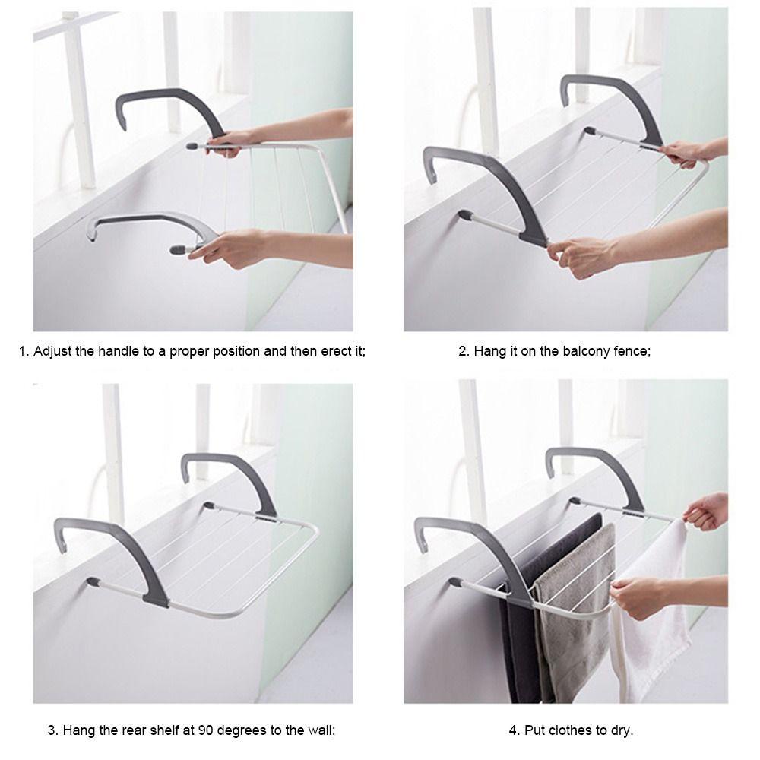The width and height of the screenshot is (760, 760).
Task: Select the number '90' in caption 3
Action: pos(205,730)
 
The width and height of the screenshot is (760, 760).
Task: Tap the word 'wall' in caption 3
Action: pos(320,730)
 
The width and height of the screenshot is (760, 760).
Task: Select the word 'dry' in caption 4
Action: pos(621,730)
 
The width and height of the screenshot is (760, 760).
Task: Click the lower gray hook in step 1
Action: pos(144,228)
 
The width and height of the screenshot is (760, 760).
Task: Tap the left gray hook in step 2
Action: pos(486,182)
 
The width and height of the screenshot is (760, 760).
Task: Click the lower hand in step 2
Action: pos(585,255)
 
